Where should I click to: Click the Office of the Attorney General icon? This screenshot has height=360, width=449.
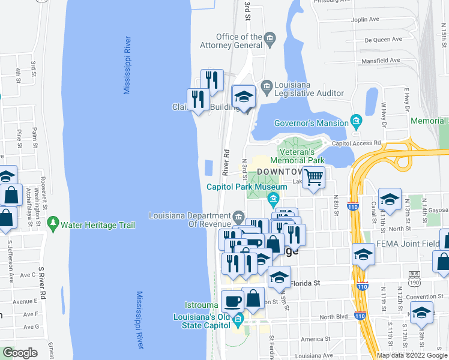[269, 41]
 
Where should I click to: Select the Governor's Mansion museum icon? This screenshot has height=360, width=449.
[356, 122]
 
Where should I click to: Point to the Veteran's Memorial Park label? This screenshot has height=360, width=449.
[297, 156]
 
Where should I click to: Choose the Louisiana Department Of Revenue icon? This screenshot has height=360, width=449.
[238, 216]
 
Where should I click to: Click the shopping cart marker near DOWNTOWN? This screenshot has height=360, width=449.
[313, 178]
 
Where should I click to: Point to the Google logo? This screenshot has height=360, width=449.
[20, 353]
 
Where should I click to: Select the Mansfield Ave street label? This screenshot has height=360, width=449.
[380, 61]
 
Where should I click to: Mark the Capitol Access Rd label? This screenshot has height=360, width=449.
[357, 143]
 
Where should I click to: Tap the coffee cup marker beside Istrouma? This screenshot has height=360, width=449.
[232, 300]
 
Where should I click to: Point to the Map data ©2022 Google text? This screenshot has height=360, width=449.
[412, 355]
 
